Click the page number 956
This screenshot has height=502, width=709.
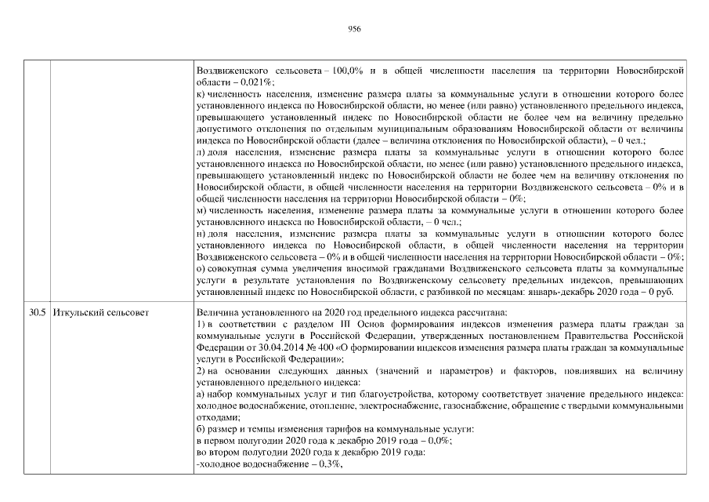tap(354, 28)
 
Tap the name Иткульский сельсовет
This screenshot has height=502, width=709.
tap(101, 313)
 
